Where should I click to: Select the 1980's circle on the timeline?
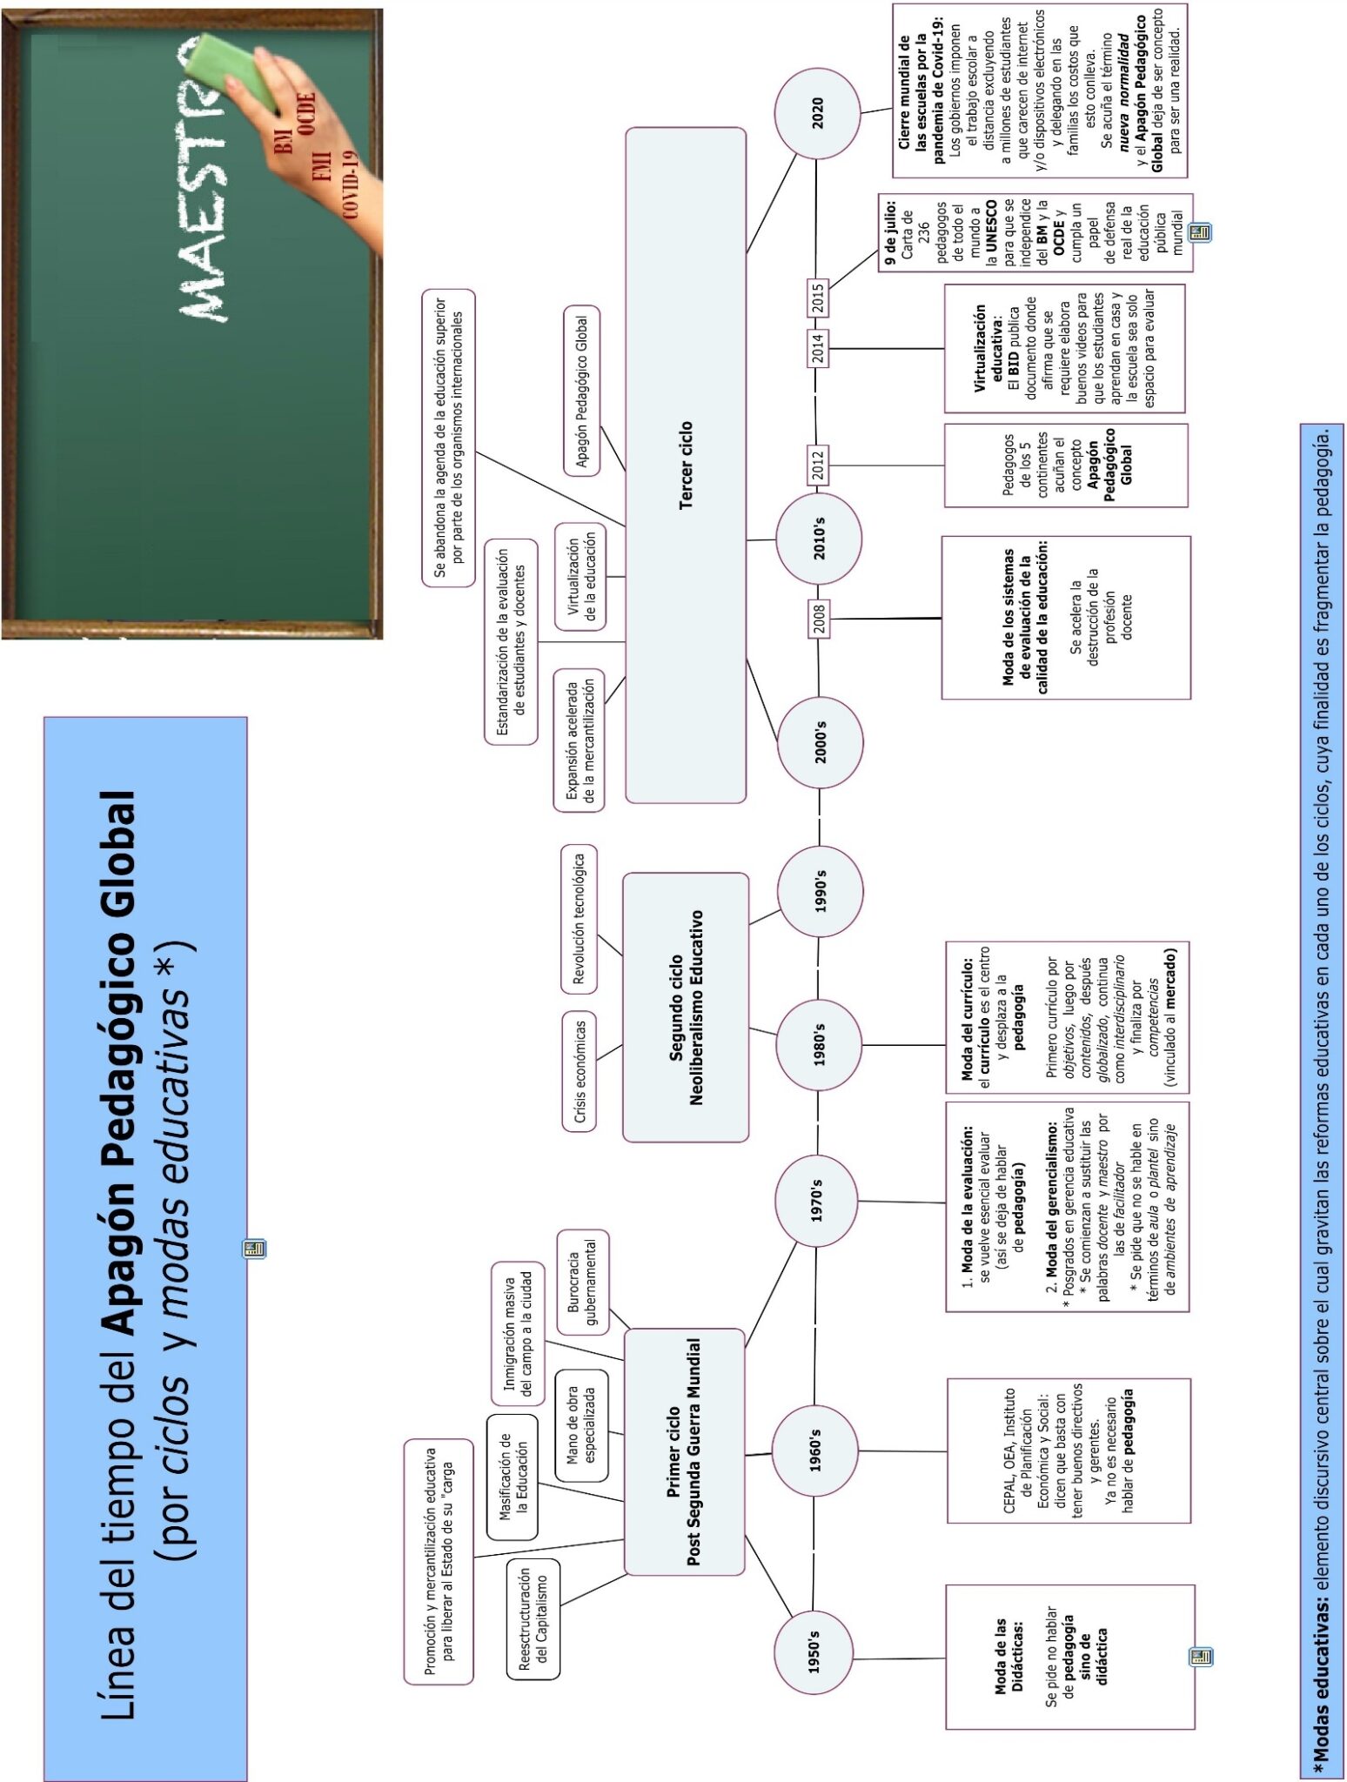(x=818, y=1044)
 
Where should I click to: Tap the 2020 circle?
(x=817, y=113)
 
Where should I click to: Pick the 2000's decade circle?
(x=820, y=741)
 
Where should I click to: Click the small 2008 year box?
(x=819, y=619)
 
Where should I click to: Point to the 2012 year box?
(x=817, y=465)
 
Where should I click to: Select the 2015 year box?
(x=817, y=299)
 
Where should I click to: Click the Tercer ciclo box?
(x=686, y=465)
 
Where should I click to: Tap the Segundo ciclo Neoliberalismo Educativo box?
(x=686, y=1007)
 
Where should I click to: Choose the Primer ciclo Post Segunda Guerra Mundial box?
(x=684, y=1451)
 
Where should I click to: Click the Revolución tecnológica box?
(x=579, y=918)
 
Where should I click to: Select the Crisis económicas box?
(x=580, y=1071)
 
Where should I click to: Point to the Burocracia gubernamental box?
(x=582, y=1282)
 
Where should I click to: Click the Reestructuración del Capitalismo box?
(x=533, y=1618)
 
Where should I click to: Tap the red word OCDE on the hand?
(x=305, y=114)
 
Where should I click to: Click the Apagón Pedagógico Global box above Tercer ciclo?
(x=581, y=392)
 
